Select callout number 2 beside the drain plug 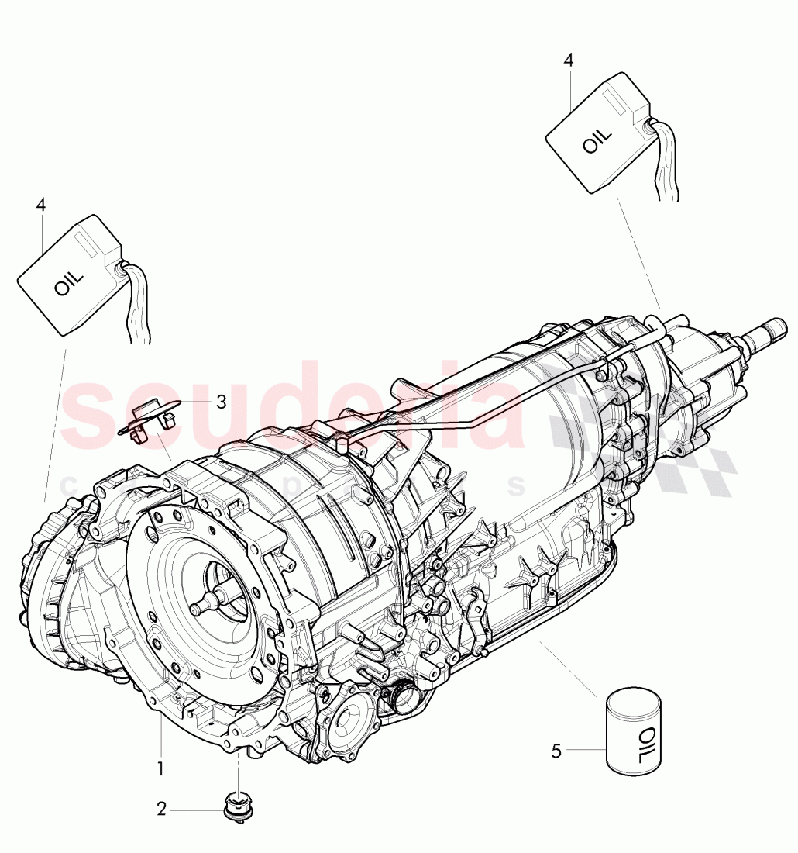[161, 810]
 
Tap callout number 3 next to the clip [222, 402]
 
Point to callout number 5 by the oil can [556, 750]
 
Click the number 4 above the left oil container [40, 205]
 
